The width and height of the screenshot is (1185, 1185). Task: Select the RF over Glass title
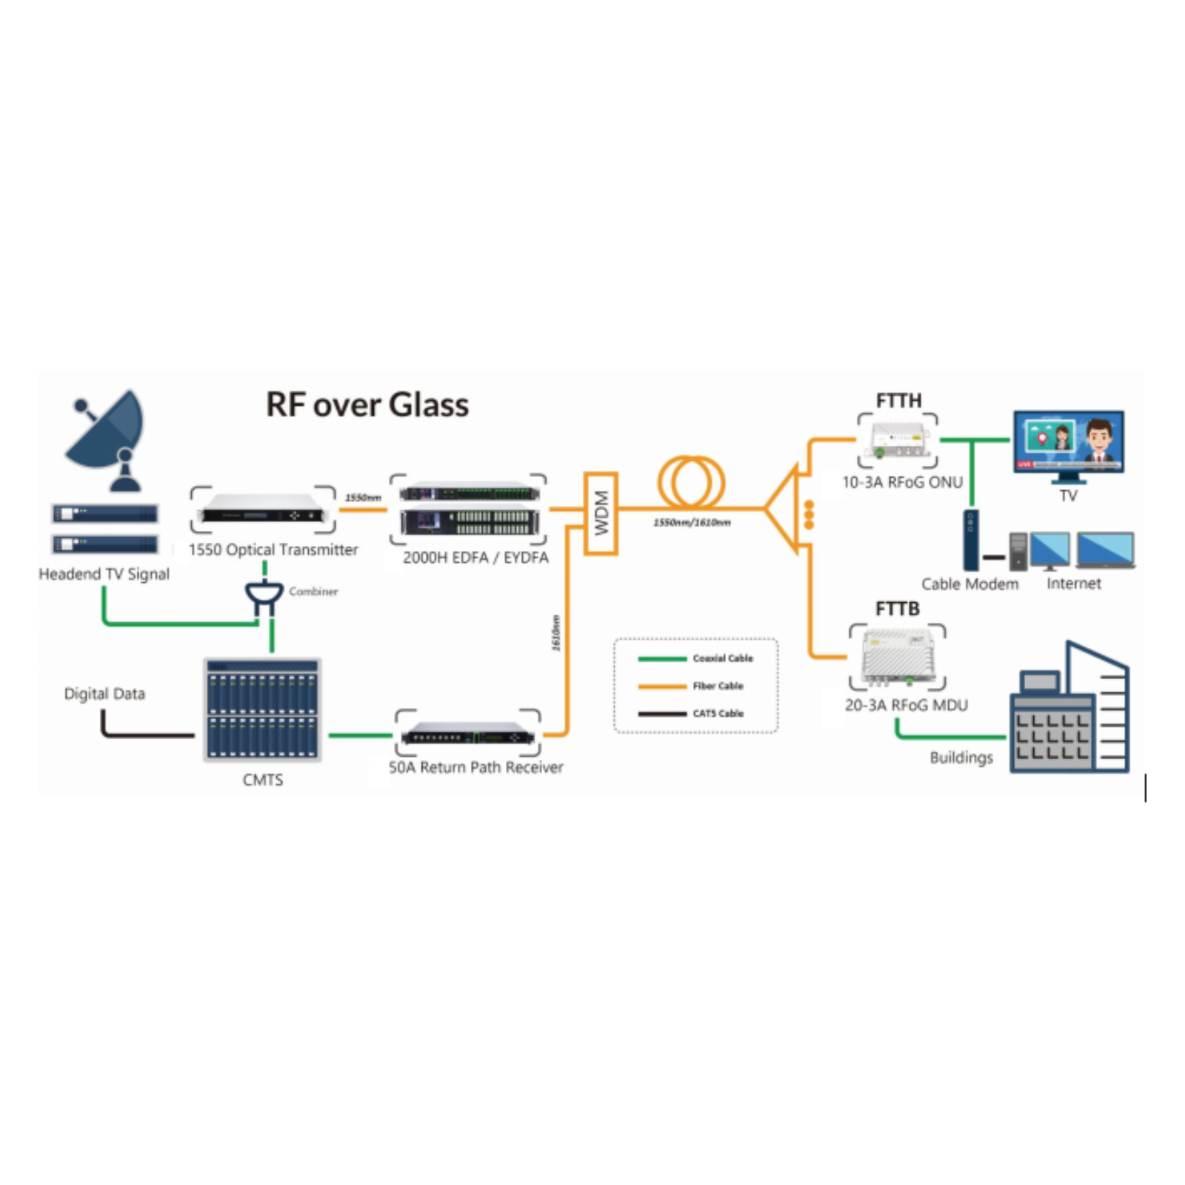click(367, 405)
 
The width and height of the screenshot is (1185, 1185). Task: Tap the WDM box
click(601, 513)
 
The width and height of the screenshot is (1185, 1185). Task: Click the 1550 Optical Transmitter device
click(263, 510)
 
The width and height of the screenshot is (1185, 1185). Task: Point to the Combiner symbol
click(264, 595)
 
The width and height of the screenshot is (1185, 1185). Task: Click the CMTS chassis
click(262, 710)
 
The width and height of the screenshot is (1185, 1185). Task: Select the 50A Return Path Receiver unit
click(468, 734)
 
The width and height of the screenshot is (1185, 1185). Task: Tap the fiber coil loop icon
click(691, 482)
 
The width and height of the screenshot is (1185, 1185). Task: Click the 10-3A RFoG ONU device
click(898, 440)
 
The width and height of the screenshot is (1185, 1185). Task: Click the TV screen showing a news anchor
click(1068, 442)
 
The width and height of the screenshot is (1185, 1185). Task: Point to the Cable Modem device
click(970, 540)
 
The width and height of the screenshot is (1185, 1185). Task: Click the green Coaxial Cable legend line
click(662, 658)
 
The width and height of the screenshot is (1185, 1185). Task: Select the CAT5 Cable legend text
click(718, 713)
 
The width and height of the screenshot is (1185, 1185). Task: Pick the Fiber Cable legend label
click(718, 686)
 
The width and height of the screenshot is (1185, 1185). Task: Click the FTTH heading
click(898, 401)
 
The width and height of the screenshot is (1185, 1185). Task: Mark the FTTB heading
click(897, 609)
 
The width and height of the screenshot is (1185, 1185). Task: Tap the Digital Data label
click(104, 694)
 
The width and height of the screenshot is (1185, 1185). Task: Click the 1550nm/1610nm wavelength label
click(692, 523)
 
